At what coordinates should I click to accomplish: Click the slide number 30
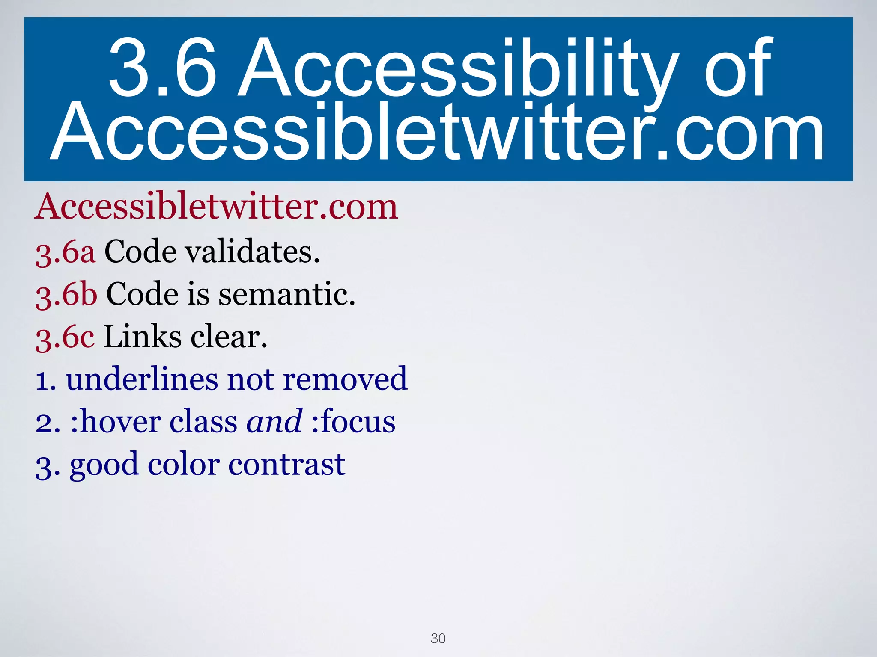(438, 638)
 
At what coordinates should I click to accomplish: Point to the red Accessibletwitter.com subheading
(216, 207)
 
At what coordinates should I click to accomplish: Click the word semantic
(287, 294)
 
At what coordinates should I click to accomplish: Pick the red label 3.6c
(65, 337)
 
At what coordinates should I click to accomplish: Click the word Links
(143, 337)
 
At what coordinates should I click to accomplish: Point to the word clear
(229, 337)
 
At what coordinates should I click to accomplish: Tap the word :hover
(116, 422)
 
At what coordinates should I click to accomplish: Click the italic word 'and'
(274, 422)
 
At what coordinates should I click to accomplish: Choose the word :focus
(353, 422)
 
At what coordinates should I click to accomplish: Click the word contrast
(286, 465)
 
